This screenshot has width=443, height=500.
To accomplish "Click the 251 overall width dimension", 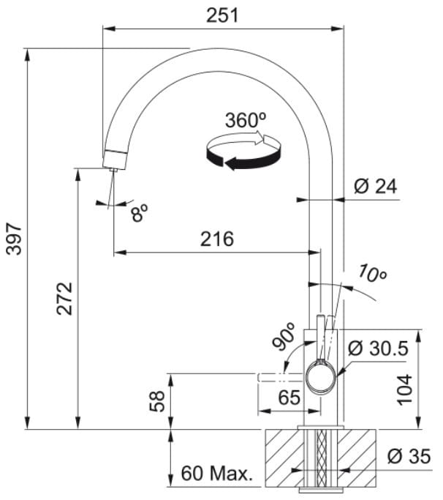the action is pos(222,15).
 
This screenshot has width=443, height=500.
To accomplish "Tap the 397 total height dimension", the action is pos(14,239).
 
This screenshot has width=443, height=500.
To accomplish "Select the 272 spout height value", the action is pos(64,299).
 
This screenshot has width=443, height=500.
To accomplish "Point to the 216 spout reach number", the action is pos(217,239).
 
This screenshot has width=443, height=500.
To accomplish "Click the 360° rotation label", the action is pos(246,120).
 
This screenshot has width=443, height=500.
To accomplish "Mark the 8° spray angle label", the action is pos(139,213).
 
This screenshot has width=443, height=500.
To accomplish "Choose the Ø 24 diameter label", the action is pos(376,186).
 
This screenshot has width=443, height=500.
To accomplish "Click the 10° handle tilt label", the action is pos(371,273).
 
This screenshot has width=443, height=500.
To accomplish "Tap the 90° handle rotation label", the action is pos(284,337).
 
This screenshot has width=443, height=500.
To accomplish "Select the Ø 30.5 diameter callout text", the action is pos(378,348).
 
